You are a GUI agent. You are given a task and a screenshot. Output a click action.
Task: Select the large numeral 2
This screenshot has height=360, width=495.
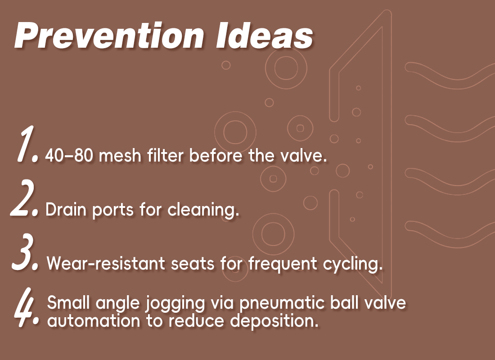coord(24,198)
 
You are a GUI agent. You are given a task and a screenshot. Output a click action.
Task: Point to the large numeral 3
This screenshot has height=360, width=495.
coord(25,252)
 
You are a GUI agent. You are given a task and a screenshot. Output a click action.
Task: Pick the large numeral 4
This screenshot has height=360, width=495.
coord(27,307)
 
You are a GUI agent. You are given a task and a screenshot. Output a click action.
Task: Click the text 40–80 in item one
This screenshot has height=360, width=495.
coord(69,155)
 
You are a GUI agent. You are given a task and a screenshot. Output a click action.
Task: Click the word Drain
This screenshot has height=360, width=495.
coord(66,209)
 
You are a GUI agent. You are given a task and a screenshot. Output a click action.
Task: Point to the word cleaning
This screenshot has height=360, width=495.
coord(203,209)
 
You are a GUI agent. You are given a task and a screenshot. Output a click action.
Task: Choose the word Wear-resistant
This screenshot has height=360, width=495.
coord(106,263)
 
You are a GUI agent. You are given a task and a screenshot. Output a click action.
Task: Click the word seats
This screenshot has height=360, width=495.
coord(193,264)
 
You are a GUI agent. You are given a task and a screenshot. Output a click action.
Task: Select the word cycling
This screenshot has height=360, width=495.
coord(353,264)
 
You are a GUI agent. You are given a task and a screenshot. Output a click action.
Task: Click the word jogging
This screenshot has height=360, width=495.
coord(175,303)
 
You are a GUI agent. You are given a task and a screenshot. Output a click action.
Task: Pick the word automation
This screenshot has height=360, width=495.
coord(94,321)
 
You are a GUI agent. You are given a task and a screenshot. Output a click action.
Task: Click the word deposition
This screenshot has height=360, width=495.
coord(274,321)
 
